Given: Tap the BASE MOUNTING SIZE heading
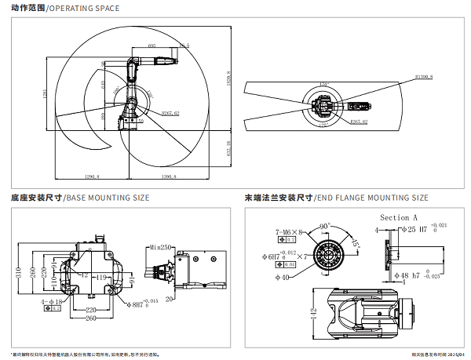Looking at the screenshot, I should pyautogui.click(x=106, y=198).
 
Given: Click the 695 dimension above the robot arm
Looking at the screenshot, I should pyautogui.click(x=152, y=47).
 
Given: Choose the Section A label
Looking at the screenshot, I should pyautogui.click(x=398, y=216).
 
